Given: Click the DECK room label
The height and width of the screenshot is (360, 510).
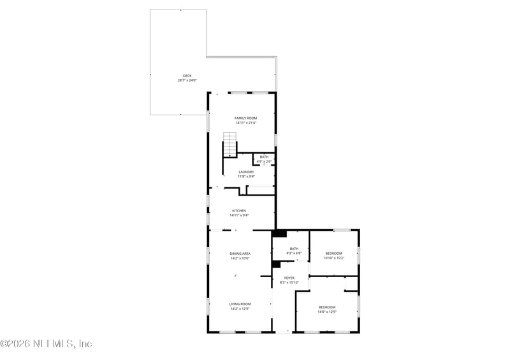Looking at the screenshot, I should click(x=187, y=76).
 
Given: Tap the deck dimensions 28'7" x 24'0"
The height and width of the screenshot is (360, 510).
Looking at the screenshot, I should click(x=187, y=80).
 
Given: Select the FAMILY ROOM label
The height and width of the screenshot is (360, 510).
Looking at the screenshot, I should click(x=245, y=119).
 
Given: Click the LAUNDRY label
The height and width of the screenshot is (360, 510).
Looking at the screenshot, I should click(x=246, y=171).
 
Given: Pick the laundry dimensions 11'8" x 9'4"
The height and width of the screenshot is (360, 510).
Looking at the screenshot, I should click(x=246, y=176).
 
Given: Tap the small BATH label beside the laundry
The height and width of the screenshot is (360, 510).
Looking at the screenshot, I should click(x=264, y=157).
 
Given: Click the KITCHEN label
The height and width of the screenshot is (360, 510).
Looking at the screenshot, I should click(x=239, y=211).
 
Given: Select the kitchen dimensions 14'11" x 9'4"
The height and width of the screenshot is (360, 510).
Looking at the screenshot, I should click(x=239, y=215).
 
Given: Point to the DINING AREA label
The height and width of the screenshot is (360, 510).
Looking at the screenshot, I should click(x=240, y=254).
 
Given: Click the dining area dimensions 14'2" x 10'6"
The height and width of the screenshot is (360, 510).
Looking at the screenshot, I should click(x=240, y=258).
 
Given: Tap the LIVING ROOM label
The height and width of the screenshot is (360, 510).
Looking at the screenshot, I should click(x=240, y=304).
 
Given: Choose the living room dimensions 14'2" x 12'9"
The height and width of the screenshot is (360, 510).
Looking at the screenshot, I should click(x=240, y=308).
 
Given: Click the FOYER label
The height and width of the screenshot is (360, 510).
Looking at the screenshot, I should click(x=289, y=278).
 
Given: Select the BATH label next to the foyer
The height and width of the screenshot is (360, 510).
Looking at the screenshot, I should click(x=294, y=249).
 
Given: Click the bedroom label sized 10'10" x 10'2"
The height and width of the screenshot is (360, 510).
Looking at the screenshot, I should click(x=333, y=254).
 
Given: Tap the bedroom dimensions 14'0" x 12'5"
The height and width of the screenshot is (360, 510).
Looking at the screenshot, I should click(x=327, y=312).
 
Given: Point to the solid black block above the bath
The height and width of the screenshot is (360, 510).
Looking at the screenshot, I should click(x=279, y=233).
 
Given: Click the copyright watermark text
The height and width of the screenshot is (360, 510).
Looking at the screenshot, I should click(x=47, y=343).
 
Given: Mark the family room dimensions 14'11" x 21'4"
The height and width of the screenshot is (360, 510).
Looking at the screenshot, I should click(x=245, y=123).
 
